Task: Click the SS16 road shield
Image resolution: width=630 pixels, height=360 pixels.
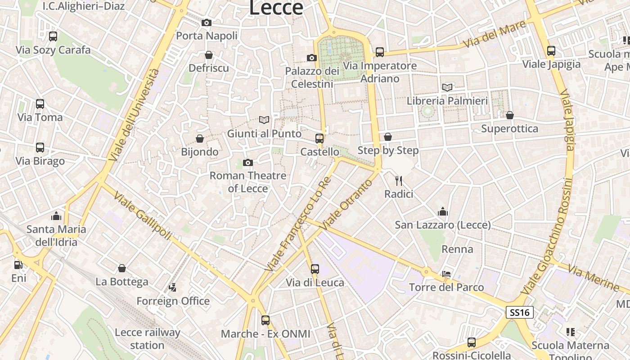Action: pyautogui.click(x=520, y=312)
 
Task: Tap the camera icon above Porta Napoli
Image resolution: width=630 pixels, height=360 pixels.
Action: pyautogui.click(x=207, y=22)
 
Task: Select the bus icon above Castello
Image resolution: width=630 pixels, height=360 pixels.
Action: pyautogui.click(x=319, y=138)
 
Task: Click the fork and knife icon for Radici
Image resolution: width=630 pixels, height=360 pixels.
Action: pyautogui.click(x=398, y=181)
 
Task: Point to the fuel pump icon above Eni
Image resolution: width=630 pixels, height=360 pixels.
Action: pyautogui.click(x=18, y=265)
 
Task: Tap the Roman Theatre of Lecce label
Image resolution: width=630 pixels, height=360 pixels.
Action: pyautogui.click(x=248, y=182)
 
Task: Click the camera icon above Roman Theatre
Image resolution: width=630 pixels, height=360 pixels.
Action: pyautogui.click(x=248, y=162)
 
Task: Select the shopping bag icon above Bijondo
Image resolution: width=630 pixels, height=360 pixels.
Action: pyautogui.click(x=200, y=139)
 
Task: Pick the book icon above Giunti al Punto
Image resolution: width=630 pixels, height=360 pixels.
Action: pyautogui.click(x=264, y=120)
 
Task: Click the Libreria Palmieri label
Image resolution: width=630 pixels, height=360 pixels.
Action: pyautogui.click(x=447, y=101)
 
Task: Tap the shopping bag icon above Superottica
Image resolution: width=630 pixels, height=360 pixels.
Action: pyautogui.click(x=510, y=116)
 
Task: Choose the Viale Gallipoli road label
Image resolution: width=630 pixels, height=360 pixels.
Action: pyautogui.click(x=143, y=216)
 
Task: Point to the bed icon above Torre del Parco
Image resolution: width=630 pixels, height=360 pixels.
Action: pyautogui.click(x=446, y=274)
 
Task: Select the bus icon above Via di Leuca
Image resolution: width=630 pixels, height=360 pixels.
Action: pyautogui.click(x=315, y=269)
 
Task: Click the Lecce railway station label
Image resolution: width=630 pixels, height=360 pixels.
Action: pyautogui.click(x=148, y=339)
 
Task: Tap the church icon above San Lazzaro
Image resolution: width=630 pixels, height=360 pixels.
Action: pyautogui.click(x=443, y=211)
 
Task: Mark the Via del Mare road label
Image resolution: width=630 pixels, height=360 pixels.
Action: pyautogui.click(x=495, y=34)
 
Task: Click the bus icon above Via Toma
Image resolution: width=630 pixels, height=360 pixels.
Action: pyautogui.click(x=40, y=104)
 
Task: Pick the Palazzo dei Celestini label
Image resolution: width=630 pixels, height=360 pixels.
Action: pyautogui.click(x=312, y=77)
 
